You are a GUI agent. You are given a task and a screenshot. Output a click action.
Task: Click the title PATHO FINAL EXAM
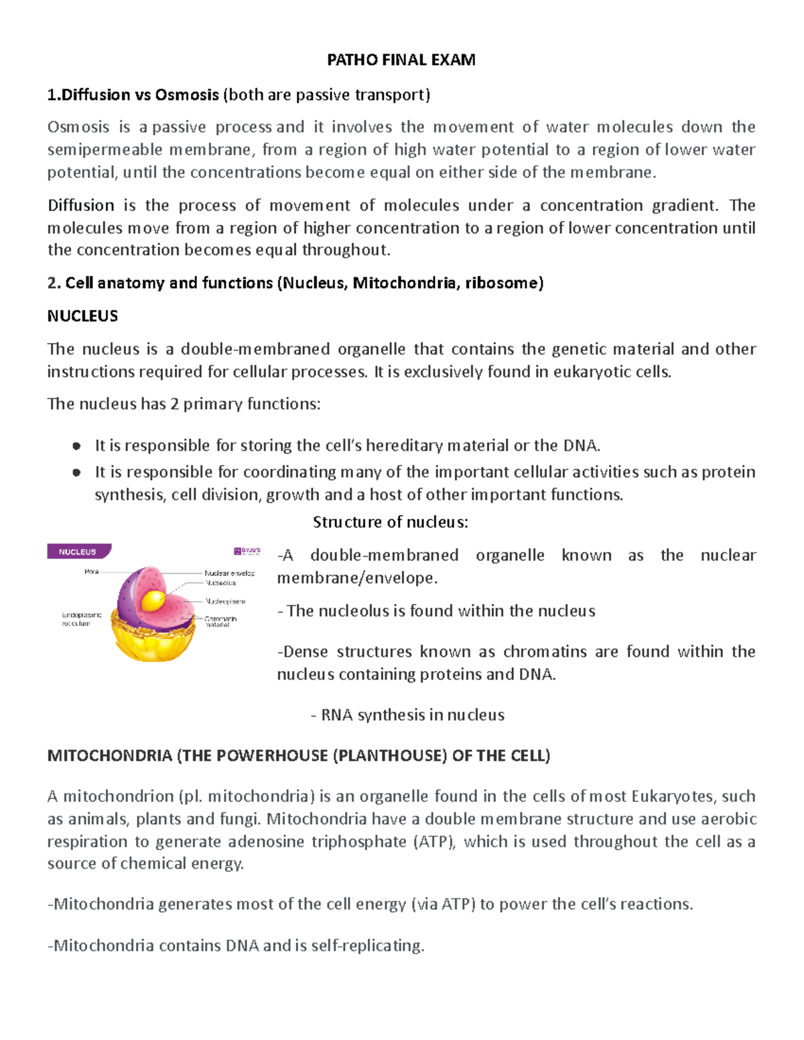[401, 60]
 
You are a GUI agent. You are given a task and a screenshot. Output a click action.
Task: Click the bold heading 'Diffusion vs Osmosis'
[133, 95]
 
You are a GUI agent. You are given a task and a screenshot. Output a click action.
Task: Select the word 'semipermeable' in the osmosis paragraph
[105, 149]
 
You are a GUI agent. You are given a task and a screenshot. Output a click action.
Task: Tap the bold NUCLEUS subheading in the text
[82, 316]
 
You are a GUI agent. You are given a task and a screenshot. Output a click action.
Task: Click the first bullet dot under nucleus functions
[76, 446]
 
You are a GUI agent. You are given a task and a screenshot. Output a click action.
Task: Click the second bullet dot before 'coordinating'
[76, 472]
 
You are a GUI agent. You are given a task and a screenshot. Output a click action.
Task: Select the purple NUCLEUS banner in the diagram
[78, 552]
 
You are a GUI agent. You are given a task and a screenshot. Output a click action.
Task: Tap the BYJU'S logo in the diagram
[247, 551]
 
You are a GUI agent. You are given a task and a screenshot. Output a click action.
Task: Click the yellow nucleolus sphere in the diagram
[155, 599]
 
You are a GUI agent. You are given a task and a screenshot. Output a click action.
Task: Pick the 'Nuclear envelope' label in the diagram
[229, 573]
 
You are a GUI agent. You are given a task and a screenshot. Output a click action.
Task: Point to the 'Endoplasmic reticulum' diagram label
[81, 619]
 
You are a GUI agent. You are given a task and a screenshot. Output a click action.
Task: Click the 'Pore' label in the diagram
[91, 571]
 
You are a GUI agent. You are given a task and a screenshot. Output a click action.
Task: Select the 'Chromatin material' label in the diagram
[220, 621]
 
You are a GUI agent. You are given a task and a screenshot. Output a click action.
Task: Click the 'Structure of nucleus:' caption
[390, 522]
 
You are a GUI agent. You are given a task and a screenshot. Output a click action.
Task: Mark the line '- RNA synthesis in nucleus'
[407, 715]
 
